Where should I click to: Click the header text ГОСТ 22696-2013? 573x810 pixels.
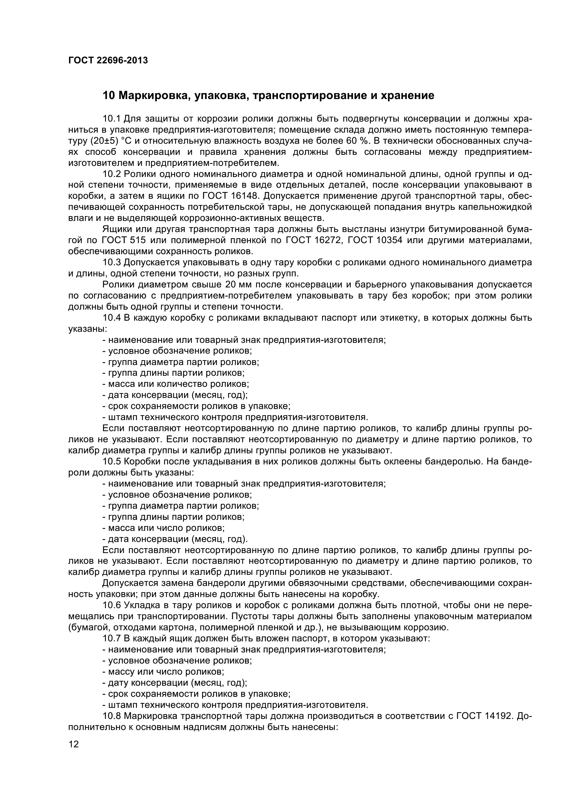[108, 61]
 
